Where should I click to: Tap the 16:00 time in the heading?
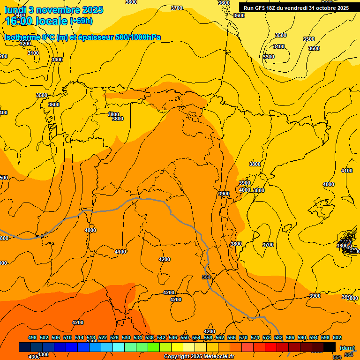click(18, 21)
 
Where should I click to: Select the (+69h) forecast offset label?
click(81, 21)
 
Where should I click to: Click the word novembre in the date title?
click(54, 10)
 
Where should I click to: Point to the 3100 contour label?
click(33, 53)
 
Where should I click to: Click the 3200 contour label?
click(25, 44)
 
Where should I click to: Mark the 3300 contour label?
click(268, 57)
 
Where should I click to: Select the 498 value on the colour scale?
click(32, 337)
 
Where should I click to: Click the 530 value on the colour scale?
click(126, 337)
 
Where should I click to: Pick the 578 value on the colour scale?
click(267, 337)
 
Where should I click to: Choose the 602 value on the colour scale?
click(337, 337)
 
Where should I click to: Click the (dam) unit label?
click(347, 348)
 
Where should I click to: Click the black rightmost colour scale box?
click(330, 347)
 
